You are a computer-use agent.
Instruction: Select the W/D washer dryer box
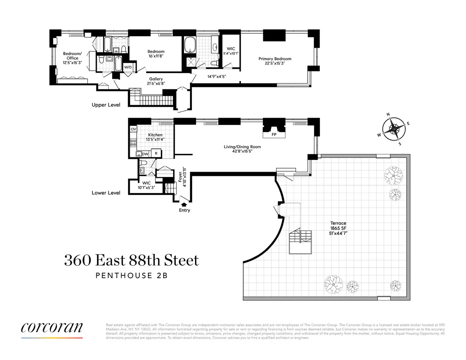128,67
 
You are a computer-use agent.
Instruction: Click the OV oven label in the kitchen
133,129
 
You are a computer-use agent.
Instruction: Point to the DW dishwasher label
145,154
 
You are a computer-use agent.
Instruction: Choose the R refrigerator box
156,153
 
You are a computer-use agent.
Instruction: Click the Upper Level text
106,105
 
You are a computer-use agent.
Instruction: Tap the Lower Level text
106,193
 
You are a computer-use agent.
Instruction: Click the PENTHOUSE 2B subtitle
131,276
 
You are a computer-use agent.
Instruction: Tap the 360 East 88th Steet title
131,260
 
